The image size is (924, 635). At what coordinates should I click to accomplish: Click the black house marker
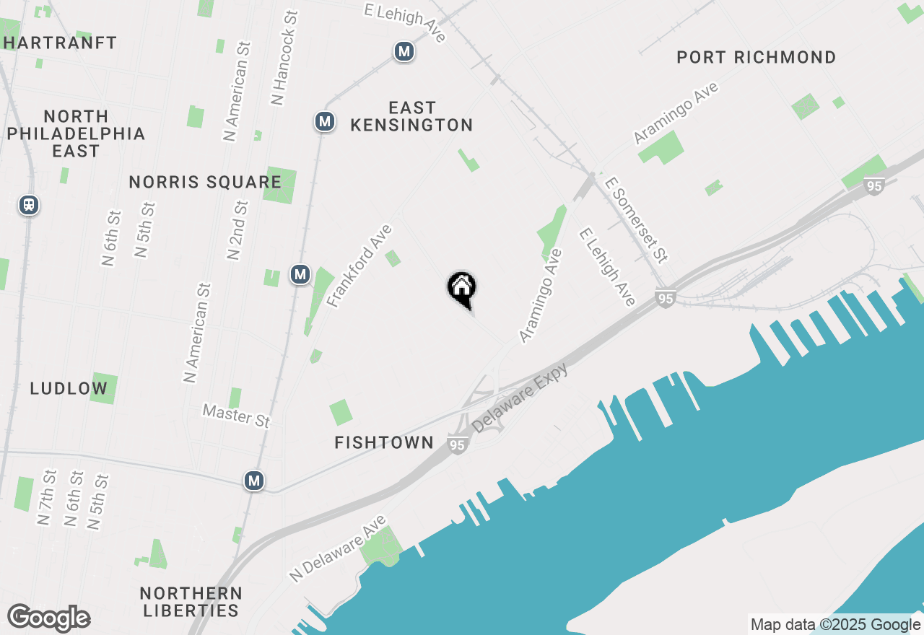[x=462, y=289]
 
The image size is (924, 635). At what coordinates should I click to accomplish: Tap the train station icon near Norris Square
[x=29, y=205]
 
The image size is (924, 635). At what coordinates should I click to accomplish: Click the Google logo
[x=48, y=618]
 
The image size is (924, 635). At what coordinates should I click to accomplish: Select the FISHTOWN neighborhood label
[x=384, y=442]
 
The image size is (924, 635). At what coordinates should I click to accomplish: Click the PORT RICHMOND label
[x=756, y=57]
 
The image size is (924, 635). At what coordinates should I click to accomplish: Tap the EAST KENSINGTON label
[x=411, y=116]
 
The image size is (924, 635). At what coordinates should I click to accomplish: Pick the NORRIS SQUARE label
[x=205, y=182]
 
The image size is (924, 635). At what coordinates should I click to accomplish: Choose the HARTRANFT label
[x=60, y=43]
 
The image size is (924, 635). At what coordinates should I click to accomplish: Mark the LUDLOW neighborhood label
[x=69, y=388]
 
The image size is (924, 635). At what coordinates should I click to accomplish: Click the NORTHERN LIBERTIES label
[x=191, y=602]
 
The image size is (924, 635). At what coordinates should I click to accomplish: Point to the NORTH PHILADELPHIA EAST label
[x=76, y=133]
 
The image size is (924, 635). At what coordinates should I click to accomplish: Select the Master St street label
[x=236, y=415]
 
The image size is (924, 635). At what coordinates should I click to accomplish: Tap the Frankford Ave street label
[x=359, y=266]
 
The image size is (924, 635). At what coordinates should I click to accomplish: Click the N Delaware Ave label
[x=338, y=548]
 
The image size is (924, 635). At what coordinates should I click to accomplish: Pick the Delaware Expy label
[x=520, y=398]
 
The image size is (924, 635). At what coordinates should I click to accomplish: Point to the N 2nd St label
[x=237, y=229]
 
